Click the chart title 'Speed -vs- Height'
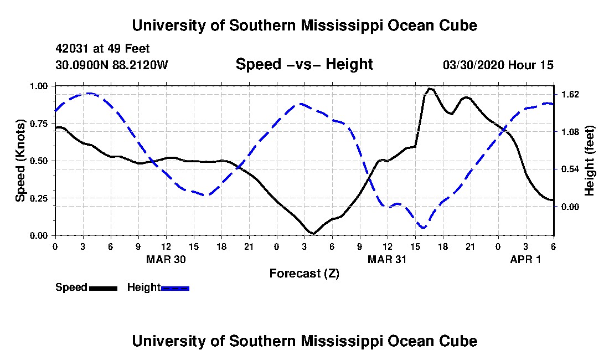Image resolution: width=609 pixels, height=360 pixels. pos(304,65)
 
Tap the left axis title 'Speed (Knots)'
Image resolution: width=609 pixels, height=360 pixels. pos(20,160)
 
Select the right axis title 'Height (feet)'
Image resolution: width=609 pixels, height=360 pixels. pos(589,161)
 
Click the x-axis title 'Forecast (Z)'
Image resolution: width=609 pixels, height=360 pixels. pos(304,273)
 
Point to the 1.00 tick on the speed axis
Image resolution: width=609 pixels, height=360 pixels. pos(40,86)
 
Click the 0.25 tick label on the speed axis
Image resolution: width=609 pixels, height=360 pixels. pos(40,198)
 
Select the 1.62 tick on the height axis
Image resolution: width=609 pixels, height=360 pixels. pos(570,95)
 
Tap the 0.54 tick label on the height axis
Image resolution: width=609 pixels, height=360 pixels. pos(570,169)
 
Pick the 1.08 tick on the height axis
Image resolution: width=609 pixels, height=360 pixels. pos(570,132)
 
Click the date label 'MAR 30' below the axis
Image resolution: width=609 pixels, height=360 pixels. pos(166,259)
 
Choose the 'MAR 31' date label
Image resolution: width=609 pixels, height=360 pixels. pos(388,259)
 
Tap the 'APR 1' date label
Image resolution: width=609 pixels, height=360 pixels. pos(525,259)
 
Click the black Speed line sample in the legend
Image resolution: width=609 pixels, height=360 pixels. pos(103,288)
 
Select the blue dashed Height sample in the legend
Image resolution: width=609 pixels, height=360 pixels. pos(175,288)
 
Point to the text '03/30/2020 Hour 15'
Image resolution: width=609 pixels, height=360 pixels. pos(498,65)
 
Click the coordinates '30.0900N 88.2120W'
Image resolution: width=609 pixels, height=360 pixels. pos(111,65)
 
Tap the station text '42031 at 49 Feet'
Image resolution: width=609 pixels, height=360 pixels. pos(102,49)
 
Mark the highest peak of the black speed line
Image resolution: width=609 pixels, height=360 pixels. pos(430,89)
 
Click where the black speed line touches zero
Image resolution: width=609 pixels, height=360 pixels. pos(313,234)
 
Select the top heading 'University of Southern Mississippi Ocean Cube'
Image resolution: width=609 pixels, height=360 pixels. pos(304,25)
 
